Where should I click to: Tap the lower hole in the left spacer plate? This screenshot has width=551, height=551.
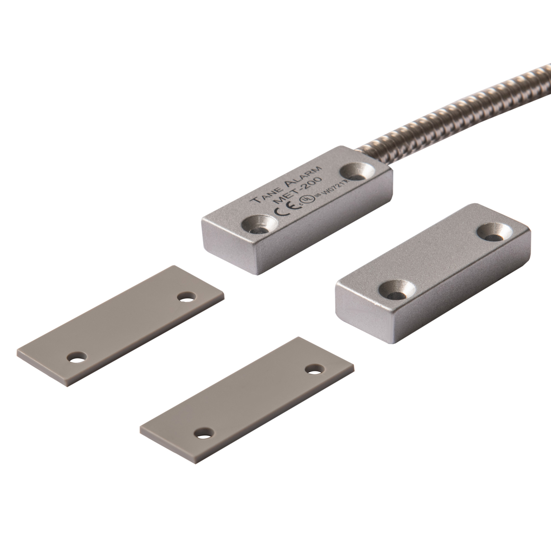[x=76, y=357]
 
